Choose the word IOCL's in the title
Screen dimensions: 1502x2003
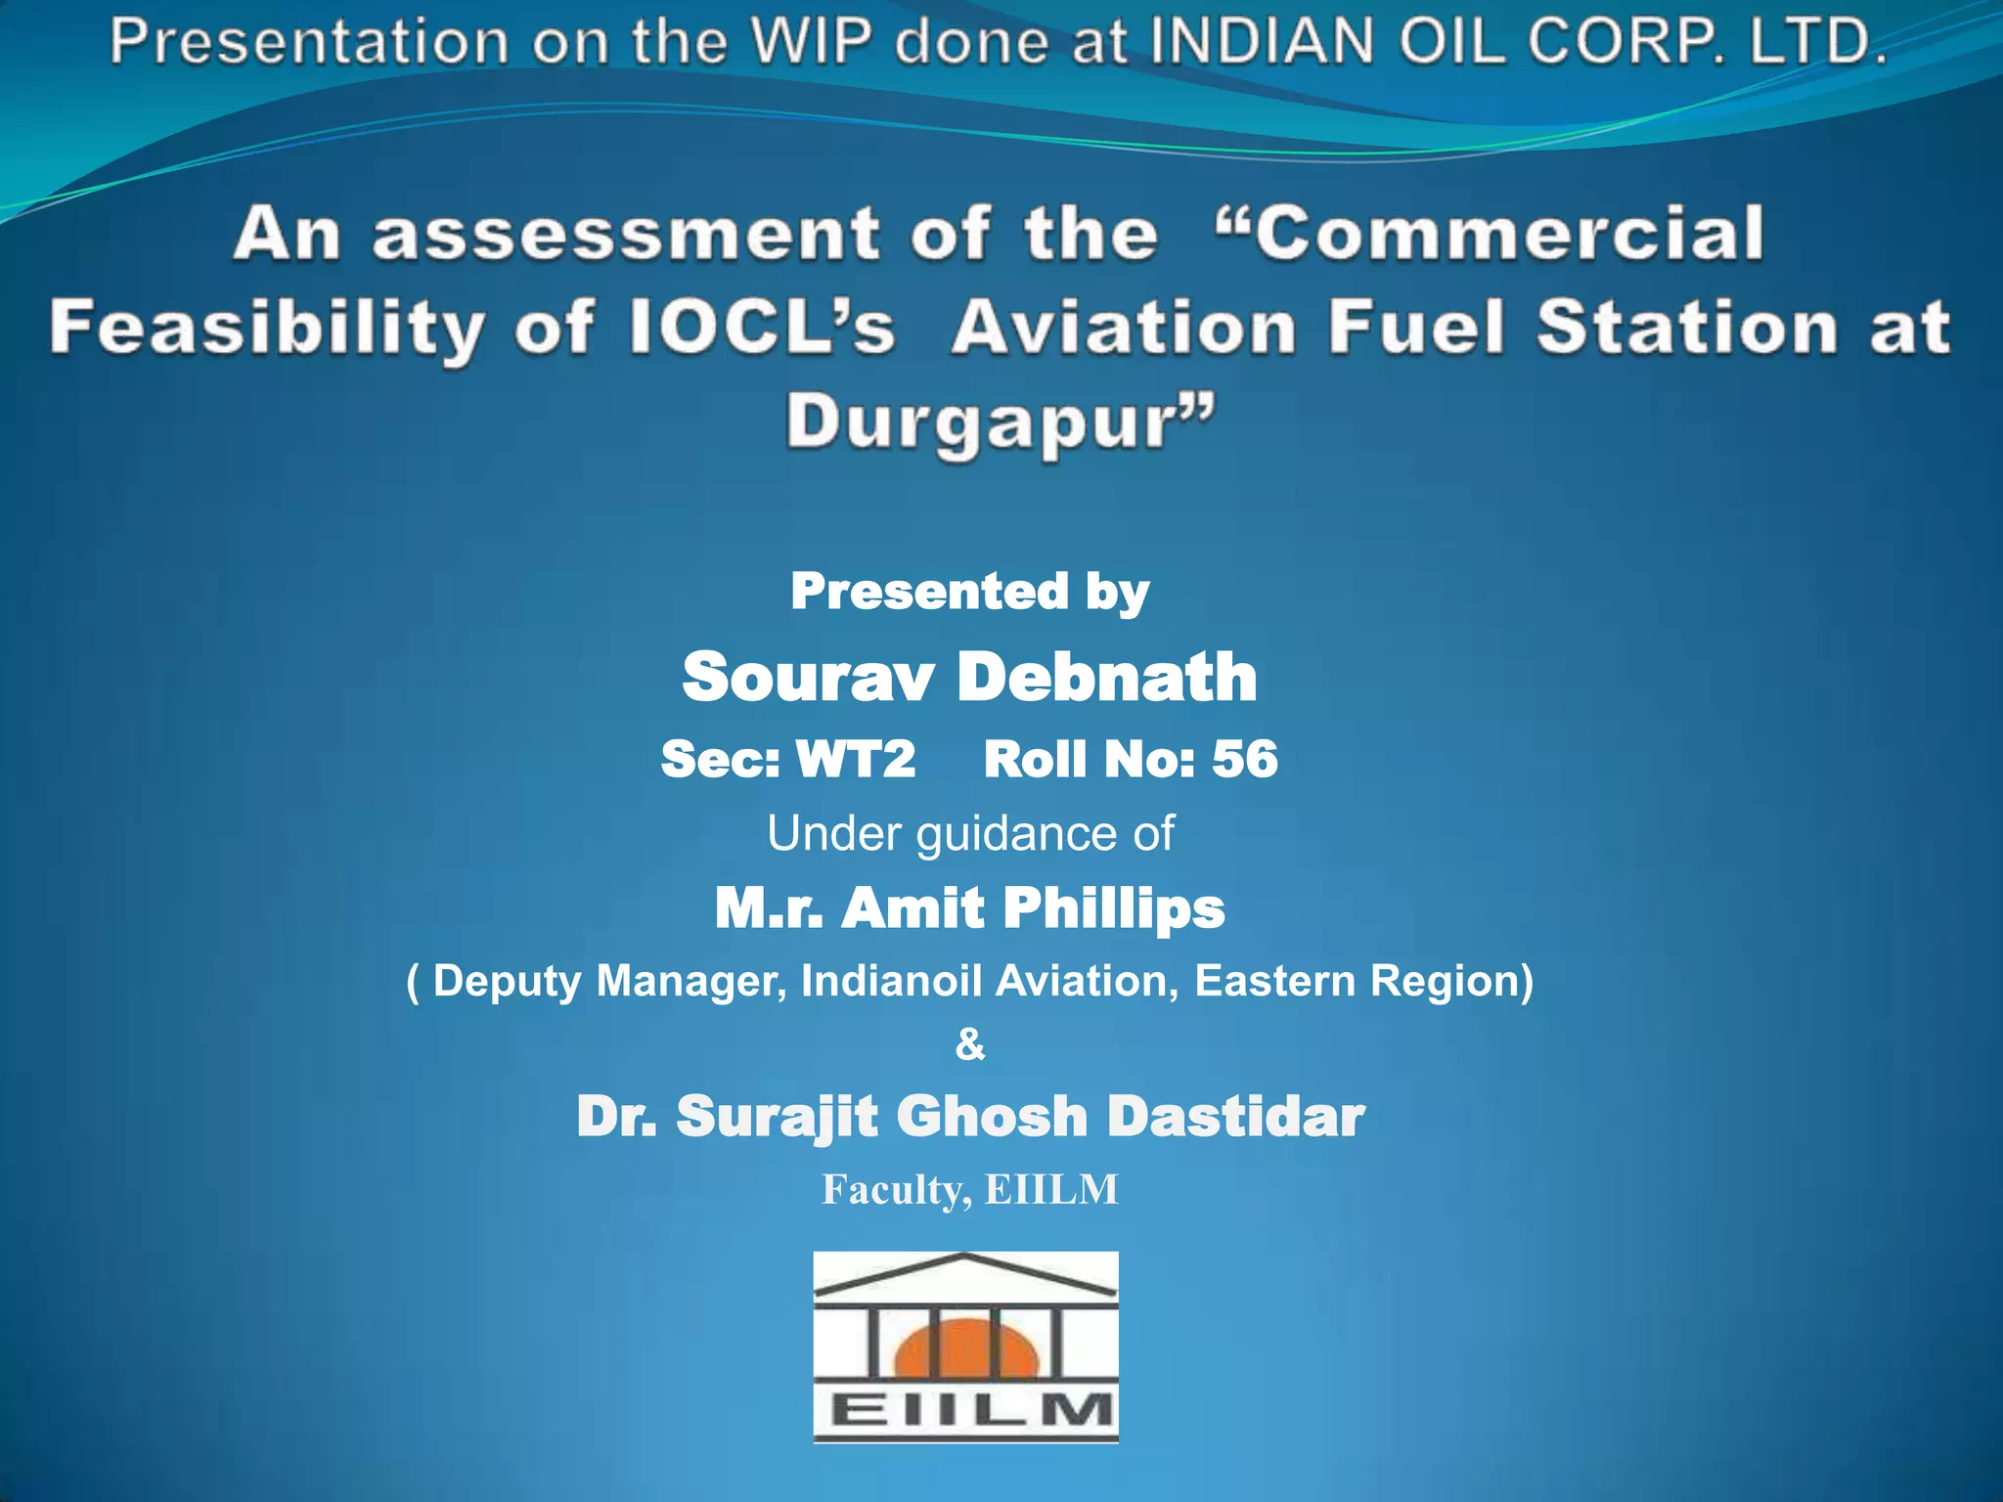point(762,327)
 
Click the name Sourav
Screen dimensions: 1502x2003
point(808,677)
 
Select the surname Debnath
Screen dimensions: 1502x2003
point(1106,677)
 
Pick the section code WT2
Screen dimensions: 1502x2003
point(855,759)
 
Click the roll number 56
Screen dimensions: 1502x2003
point(1244,759)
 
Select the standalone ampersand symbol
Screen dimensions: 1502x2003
point(969,1044)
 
